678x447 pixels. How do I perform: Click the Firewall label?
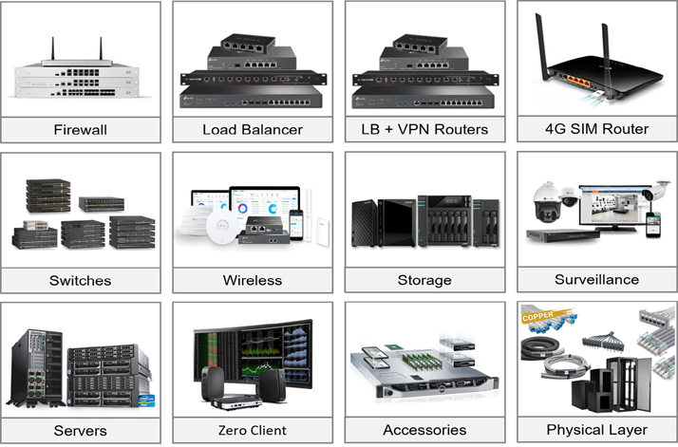(x=81, y=129)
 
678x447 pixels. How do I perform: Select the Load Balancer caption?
(x=253, y=129)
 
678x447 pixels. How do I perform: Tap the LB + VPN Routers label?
(x=424, y=129)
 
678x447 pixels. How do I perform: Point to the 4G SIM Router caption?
(x=596, y=128)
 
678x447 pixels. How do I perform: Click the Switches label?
(x=81, y=280)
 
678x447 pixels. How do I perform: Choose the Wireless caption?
(x=253, y=280)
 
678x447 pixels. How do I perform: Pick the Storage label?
(x=424, y=280)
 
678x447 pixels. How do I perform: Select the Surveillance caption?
(x=596, y=279)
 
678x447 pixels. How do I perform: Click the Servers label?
(x=81, y=430)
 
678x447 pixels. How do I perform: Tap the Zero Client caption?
(x=253, y=430)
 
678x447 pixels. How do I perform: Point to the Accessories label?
(x=424, y=430)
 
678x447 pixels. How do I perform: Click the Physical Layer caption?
(x=596, y=429)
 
